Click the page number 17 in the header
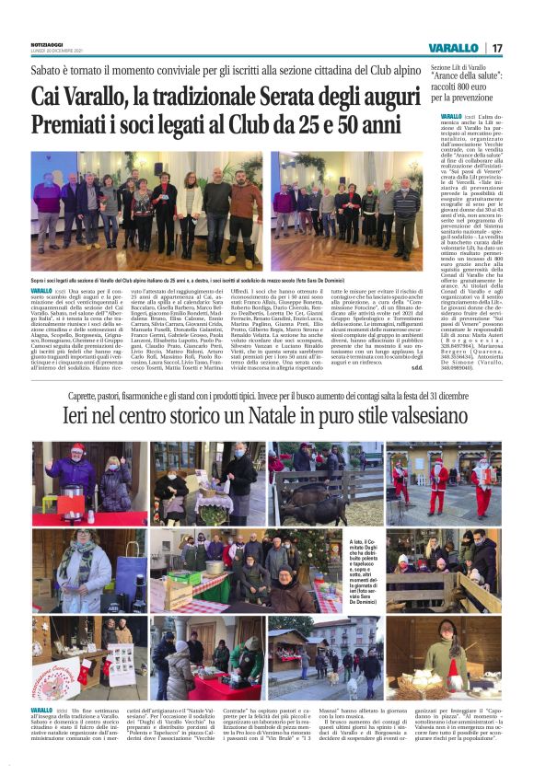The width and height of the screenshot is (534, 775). coord(497,47)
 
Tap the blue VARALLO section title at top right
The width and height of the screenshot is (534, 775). coord(453,47)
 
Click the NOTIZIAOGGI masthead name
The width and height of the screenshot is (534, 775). coord(50,42)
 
